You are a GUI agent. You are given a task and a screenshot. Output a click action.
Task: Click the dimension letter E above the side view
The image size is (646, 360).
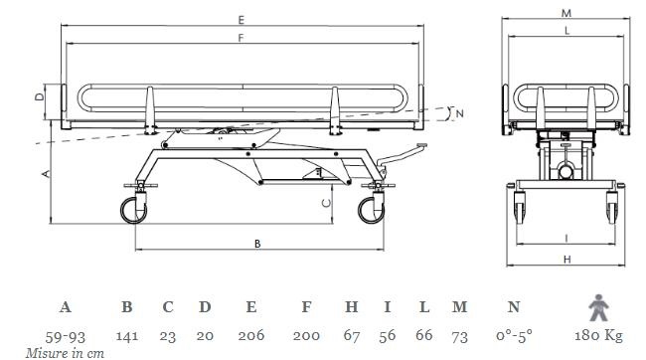coord(242,20)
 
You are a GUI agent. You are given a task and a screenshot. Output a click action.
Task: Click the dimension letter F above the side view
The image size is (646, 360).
coord(242,38)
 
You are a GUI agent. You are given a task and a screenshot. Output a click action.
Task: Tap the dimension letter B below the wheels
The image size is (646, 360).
coord(257,244)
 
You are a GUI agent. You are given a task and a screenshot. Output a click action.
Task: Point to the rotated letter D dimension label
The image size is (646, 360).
coord(40,96)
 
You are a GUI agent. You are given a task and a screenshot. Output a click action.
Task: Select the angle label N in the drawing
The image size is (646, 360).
coord(460,113)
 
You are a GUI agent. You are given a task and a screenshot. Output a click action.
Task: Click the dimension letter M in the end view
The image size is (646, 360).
coord(566,13)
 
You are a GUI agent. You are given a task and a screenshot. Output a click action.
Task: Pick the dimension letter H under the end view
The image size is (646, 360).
coord(567,260)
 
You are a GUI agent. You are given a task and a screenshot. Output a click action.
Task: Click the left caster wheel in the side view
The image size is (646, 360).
coord(133,210)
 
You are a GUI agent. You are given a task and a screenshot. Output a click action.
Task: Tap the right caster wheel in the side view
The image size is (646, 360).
coord(371,210)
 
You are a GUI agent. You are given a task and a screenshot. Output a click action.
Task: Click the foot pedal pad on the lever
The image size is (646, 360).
coord(421,145)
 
